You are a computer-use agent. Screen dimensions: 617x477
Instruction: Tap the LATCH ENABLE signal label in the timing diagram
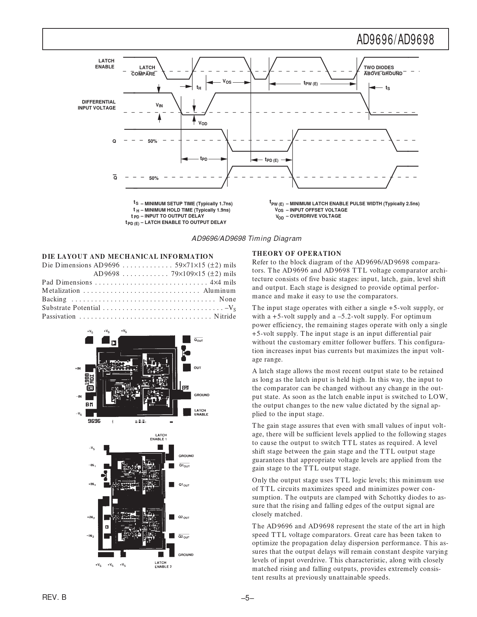click(x=106, y=64)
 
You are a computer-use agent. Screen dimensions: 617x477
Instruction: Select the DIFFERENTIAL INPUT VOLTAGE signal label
click(x=97, y=105)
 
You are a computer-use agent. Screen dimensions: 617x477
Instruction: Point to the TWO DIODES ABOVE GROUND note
click(x=383, y=71)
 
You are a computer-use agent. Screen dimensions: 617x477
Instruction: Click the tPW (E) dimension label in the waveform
click(x=311, y=84)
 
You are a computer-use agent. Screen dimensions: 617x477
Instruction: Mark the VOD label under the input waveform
click(x=202, y=123)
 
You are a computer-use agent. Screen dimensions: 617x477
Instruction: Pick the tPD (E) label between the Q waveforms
click(x=271, y=160)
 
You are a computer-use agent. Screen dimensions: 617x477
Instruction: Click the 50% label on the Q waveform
click(x=152, y=141)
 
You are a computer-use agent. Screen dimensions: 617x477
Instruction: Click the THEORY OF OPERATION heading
click(x=297, y=254)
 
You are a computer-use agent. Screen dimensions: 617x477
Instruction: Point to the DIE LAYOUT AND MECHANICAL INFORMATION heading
click(x=128, y=257)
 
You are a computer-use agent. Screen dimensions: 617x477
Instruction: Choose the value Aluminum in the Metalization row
click(x=220, y=291)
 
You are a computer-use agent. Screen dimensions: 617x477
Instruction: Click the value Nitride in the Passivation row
click(x=225, y=317)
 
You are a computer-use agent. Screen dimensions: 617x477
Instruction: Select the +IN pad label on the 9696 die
click(x=77, y=369)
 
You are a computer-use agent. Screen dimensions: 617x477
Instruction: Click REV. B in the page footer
click(x=54, y=598)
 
